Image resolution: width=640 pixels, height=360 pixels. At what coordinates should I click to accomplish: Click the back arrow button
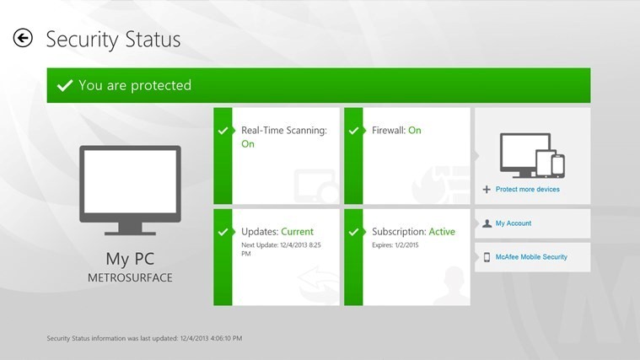(23, 39)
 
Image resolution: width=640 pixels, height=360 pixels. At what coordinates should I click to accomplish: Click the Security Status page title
(113, 40)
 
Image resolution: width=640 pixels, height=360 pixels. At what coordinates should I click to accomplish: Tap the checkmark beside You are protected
(64, 85)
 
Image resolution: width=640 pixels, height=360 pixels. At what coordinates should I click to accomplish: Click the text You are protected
(135, 85)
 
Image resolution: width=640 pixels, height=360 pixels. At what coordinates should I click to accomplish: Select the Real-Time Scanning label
(284, 130)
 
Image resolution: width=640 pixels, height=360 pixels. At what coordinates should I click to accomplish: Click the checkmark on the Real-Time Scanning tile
(223, 131)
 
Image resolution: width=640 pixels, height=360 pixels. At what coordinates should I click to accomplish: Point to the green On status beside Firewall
(415, 130)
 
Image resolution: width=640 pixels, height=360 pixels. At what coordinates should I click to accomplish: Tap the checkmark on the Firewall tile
(353, 131)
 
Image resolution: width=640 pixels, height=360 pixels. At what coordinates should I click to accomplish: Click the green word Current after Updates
(297, 231)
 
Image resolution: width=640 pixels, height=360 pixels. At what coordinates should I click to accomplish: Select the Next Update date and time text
(281, 249)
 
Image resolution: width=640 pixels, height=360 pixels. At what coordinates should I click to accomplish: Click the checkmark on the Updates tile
(223, 232)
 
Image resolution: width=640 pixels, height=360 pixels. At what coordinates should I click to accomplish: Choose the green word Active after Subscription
(442, 231)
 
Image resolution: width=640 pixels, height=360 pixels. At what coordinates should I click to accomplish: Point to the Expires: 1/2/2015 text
(395, 244)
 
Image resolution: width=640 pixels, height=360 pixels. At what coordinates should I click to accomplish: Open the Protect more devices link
(527, 189)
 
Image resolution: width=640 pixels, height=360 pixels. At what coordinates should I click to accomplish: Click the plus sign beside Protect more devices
(487, 190)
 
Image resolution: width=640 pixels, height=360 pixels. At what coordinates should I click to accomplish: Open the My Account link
(514, 223)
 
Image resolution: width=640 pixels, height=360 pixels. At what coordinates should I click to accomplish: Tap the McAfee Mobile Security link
(531, 257)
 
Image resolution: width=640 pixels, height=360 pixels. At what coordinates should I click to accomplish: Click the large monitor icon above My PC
(130, 191)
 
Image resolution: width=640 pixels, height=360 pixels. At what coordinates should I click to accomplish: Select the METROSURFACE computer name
(130, 277)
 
